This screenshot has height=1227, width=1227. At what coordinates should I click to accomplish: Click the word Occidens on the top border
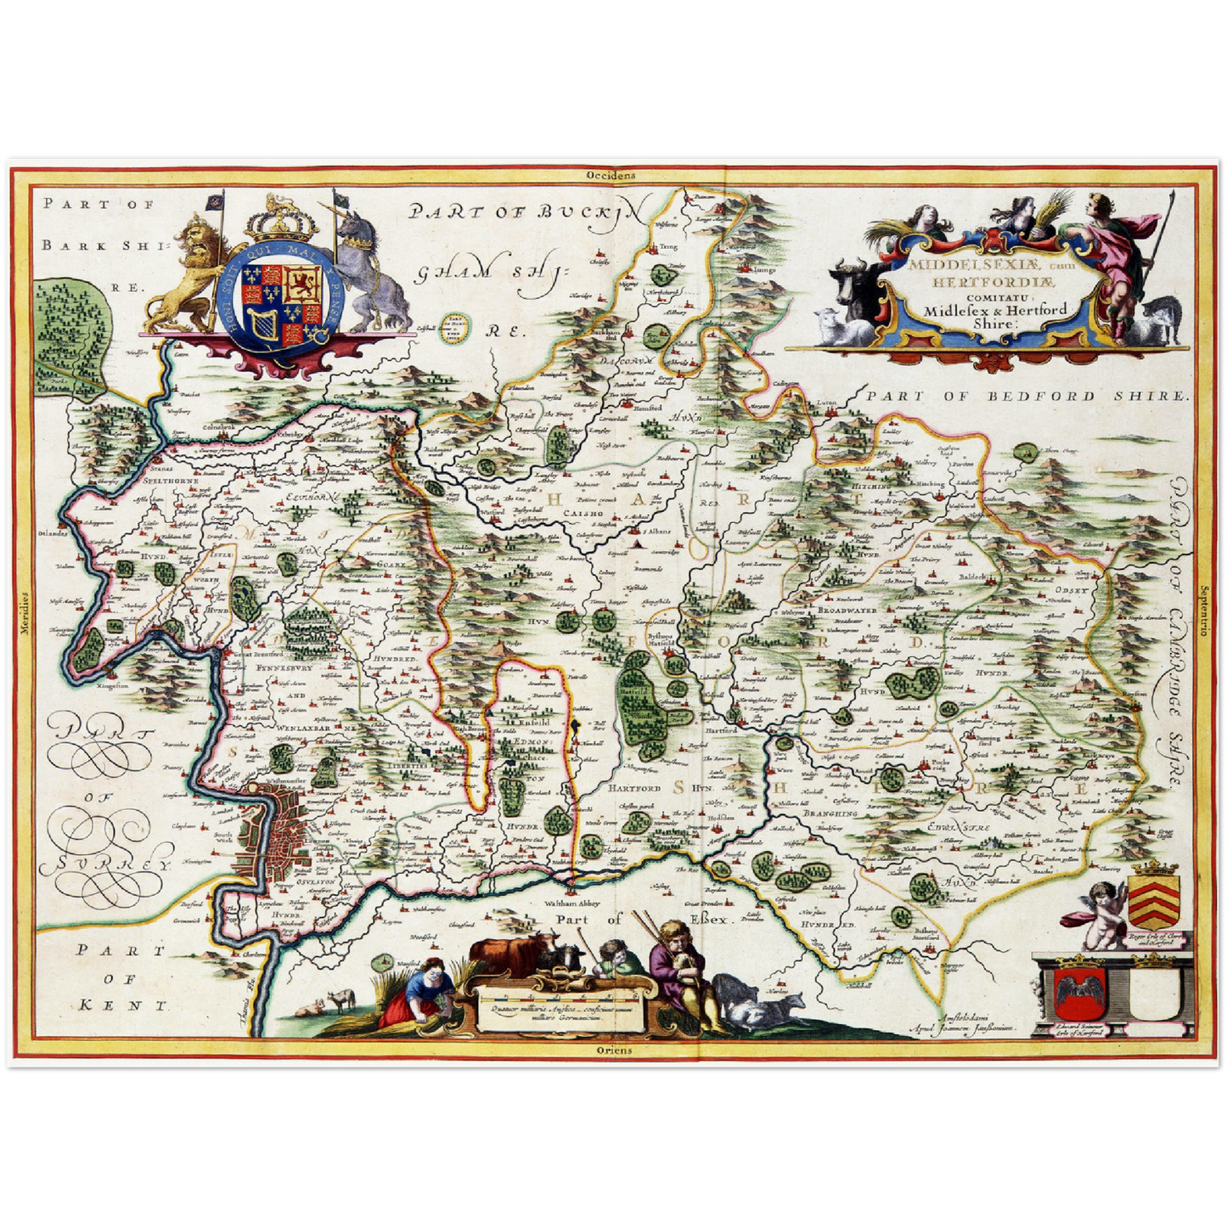pos(610,175)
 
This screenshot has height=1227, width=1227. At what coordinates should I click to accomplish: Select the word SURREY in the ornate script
pos(113,864)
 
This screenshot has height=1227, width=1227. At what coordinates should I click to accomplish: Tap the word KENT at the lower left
pos(123,1005)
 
